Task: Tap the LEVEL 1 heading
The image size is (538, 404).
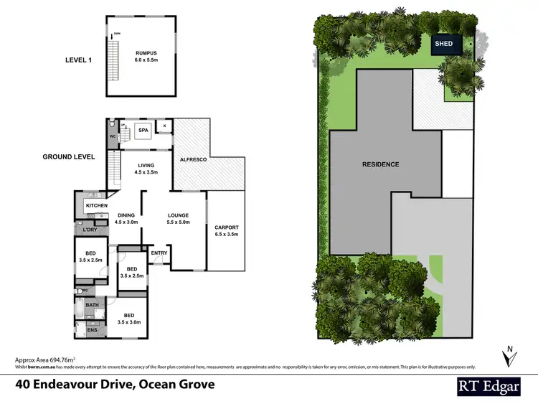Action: click(x=80, y=61)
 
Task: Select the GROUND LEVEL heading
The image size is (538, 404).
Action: click(x=70, y=156)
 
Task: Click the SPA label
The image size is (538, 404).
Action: click(x=143, y=130)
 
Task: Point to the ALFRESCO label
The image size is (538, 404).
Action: click(x=193, y=159)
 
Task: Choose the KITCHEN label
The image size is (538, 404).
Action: click(x=96, y=206)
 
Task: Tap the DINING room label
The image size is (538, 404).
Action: click(x=126, y=215)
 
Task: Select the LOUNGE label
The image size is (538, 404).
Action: click(x=178, y=215)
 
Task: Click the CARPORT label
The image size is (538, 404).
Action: click(x=226, y=227)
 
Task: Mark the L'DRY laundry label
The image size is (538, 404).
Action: click(x=90, y=230)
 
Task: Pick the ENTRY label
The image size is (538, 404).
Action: click(x=159, y=253)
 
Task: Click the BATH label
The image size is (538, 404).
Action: click(x=92, y=305)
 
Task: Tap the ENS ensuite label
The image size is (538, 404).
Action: click(x=91, y=330)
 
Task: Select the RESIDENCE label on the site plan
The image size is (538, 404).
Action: click(x=380, y=164)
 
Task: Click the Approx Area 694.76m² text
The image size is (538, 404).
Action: click(x=44, y=359)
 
